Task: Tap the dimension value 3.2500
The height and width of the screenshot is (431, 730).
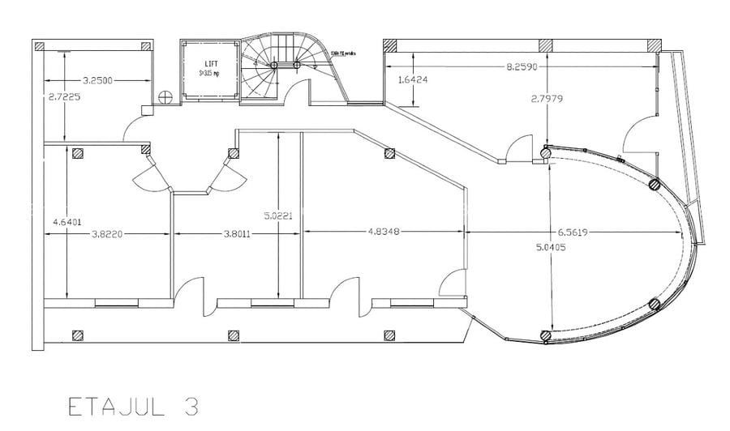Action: (97, 80)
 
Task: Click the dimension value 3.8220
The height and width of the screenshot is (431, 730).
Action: (106, 233)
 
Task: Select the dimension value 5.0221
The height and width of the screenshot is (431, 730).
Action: (278, 216)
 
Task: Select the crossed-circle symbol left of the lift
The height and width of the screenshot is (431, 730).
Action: (167, 96)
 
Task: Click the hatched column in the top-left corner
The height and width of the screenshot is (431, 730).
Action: (37, 46)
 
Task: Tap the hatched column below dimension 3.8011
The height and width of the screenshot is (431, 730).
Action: (233, 333)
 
